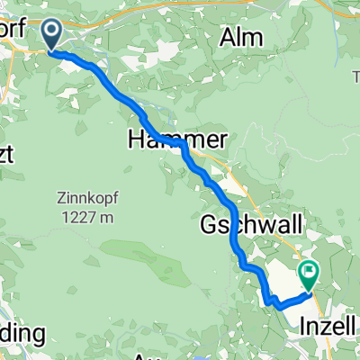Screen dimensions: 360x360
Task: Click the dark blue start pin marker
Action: (x=51, y=35)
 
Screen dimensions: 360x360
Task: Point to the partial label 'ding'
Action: (x=20, y=333)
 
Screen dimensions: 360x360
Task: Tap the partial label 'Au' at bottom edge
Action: (x=144, y=355)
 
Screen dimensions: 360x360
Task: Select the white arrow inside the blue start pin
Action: (x=51, y=33)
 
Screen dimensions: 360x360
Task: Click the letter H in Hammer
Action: (x=138, y=139)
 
